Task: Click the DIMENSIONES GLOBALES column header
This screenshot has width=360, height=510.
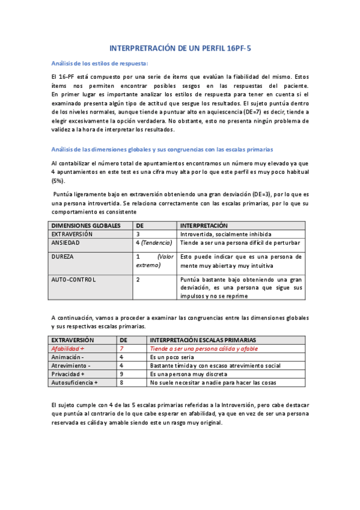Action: pos(86,226)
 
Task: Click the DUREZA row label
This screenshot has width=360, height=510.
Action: pos(63,256)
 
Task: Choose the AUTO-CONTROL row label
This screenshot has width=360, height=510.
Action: pos(73,279)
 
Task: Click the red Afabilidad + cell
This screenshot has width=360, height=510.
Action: pos(68,348)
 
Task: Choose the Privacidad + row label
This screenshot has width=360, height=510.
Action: pos(70,373)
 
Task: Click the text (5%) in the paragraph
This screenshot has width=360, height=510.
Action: pos(58,180)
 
